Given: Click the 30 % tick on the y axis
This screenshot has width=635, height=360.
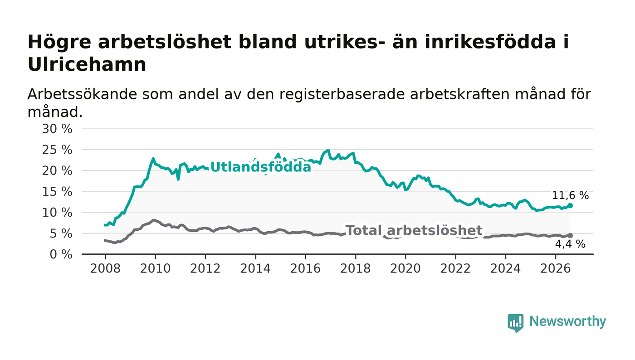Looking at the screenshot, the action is point(57,129).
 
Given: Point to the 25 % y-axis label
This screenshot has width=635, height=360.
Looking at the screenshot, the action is point(57,150).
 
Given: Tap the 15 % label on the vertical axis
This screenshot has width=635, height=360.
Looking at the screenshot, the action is point(57,192).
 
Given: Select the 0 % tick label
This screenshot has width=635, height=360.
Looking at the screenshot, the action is point(61,254).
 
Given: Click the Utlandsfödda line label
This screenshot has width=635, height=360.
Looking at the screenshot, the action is point(261,167).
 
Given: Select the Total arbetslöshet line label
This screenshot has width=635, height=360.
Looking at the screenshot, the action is point(414,230).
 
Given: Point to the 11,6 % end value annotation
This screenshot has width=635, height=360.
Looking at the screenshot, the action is point(570,195).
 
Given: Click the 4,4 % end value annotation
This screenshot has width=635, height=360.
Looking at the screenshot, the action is point(570,244).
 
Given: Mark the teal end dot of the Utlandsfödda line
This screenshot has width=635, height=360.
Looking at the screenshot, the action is point(570,205).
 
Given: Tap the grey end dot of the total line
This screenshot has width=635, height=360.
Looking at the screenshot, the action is point(570,236).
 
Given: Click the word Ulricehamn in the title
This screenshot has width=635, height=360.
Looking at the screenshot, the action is point(87,65).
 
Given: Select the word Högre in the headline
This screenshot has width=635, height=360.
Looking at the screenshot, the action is point(59,43).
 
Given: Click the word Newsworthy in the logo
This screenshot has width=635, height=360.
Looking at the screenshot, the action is point(567,321).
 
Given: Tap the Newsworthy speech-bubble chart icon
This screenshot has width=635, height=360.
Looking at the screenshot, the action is point(515,323).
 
